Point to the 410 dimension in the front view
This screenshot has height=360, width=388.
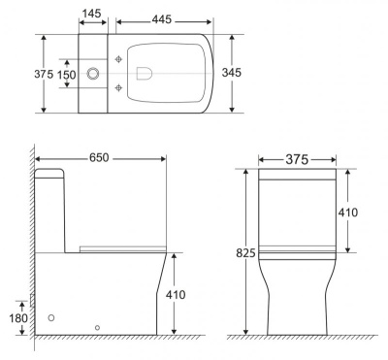coord(361,211)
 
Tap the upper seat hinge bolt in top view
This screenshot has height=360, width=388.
coord(118,59)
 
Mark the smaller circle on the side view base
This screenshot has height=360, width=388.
coord(97,327)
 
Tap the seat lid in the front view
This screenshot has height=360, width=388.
coord(297,254)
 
